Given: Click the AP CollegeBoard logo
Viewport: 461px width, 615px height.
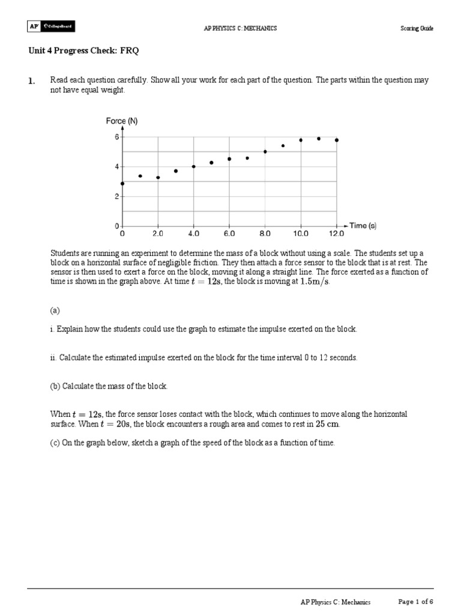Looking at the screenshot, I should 51,27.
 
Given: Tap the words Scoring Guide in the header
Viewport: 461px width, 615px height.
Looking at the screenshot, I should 417,29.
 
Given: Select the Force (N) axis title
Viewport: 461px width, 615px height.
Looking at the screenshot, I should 122,121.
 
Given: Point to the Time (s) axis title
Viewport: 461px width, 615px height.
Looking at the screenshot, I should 363,226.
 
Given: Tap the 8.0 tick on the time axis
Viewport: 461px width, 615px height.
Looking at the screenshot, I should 265,233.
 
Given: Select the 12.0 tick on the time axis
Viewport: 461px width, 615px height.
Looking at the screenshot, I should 336,233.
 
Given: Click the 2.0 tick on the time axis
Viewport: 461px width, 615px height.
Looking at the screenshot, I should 158,233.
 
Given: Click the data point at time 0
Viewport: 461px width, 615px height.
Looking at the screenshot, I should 122,183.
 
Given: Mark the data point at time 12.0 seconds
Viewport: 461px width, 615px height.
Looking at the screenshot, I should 337,140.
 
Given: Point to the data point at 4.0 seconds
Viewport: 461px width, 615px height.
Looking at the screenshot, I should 193,166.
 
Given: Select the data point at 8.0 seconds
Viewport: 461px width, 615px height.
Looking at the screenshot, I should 265,151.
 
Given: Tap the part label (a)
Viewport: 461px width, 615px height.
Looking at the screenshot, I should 55,310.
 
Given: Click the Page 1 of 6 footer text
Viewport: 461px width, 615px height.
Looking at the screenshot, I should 416,602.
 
